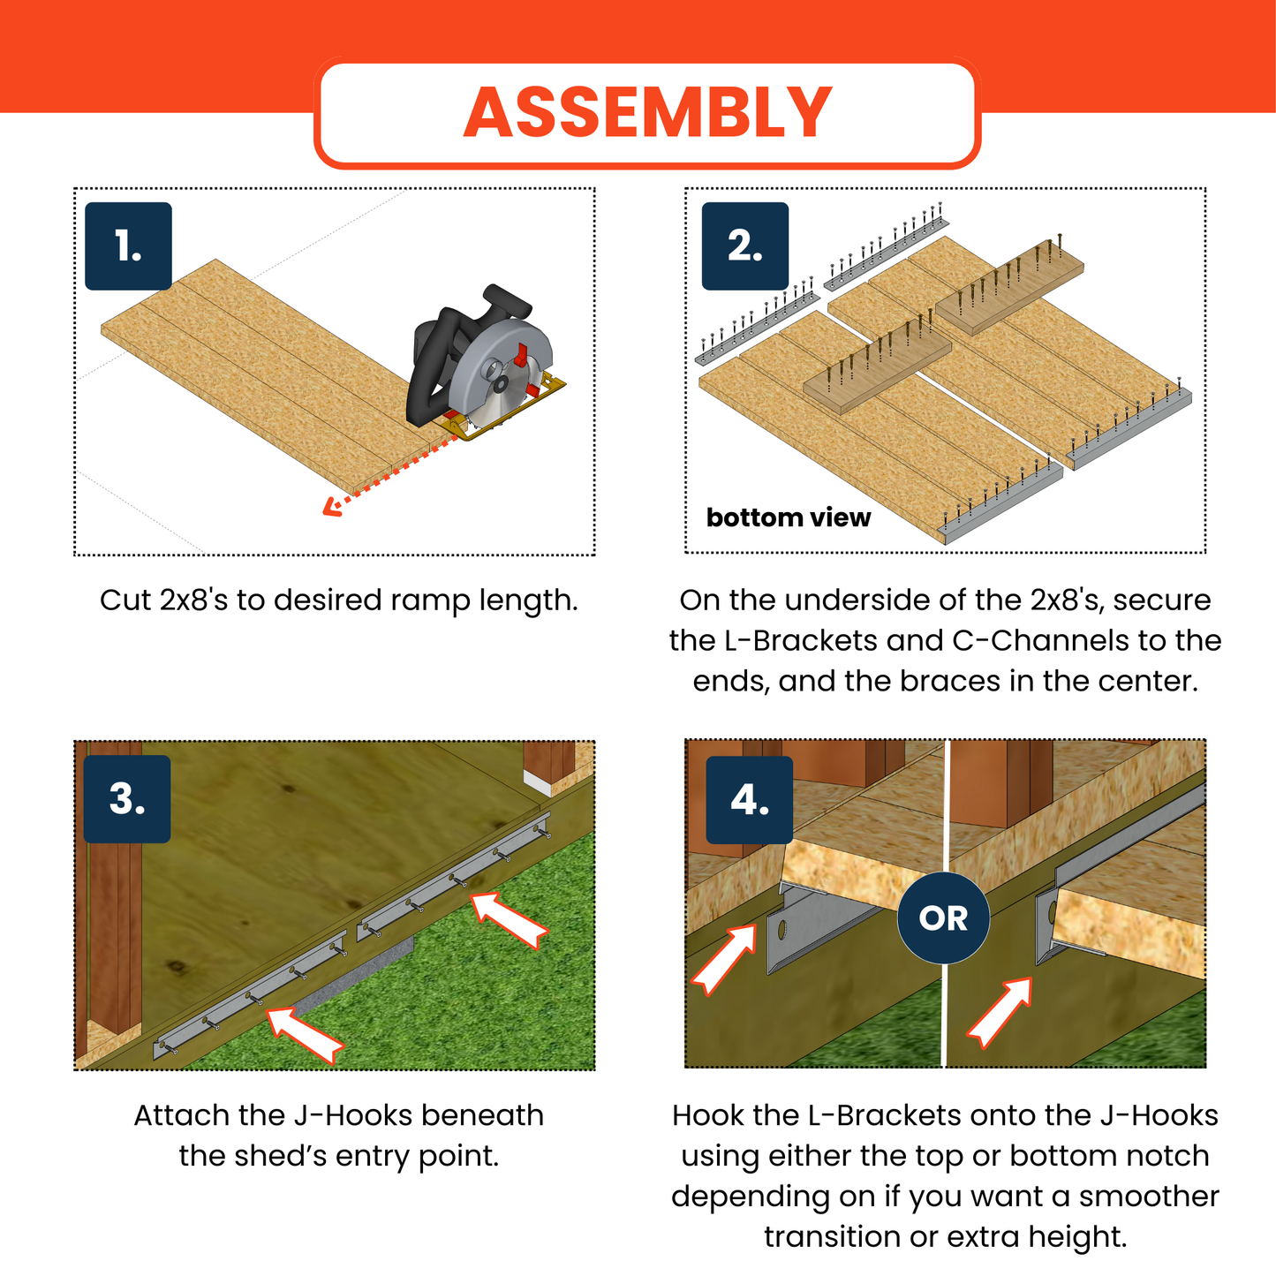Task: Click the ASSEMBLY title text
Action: [647, 113]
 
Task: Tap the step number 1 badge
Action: [128, 246]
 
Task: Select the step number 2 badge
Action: [744, 246]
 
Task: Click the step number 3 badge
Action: [127, 799]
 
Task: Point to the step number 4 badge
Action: [749, 800]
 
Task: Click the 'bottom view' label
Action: [788, 517]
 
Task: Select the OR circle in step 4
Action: [943, 918]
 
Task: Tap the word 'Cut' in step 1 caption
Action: [125, 600]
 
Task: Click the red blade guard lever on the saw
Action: [523, 355]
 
